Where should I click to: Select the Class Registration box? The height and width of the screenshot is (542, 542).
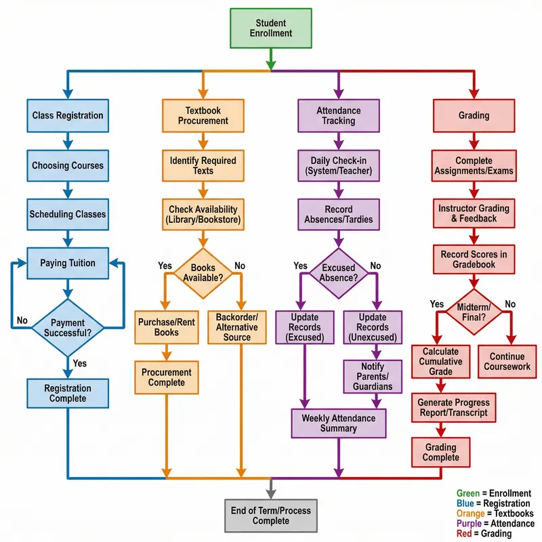67,116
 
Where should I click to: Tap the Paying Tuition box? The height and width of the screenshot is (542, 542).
67,263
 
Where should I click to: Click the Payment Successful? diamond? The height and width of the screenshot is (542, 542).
67,327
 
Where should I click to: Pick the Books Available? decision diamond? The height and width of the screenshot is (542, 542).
203,273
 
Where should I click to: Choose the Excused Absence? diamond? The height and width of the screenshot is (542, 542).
338,273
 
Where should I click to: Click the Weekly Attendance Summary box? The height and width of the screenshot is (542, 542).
338,423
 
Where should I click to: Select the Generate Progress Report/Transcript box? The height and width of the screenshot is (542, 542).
452,408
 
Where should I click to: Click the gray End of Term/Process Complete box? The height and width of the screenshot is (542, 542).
270,516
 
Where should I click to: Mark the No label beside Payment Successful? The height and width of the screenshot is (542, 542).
22,320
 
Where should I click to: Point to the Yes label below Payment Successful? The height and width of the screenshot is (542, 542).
79,364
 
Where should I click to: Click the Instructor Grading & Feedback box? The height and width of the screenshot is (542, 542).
474,213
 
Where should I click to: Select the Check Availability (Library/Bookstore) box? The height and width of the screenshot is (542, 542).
203,214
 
